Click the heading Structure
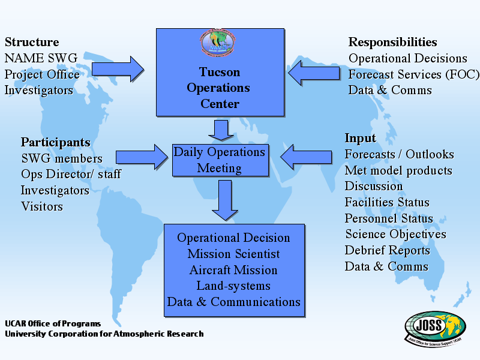32,42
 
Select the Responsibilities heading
392,42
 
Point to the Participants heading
56,142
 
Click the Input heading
360,138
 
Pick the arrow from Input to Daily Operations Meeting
306,157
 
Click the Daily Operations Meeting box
219,160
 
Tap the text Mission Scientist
233,254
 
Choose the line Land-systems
233,286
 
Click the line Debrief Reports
387,250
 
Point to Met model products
398,170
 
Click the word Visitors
42,206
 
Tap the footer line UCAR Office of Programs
53,323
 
